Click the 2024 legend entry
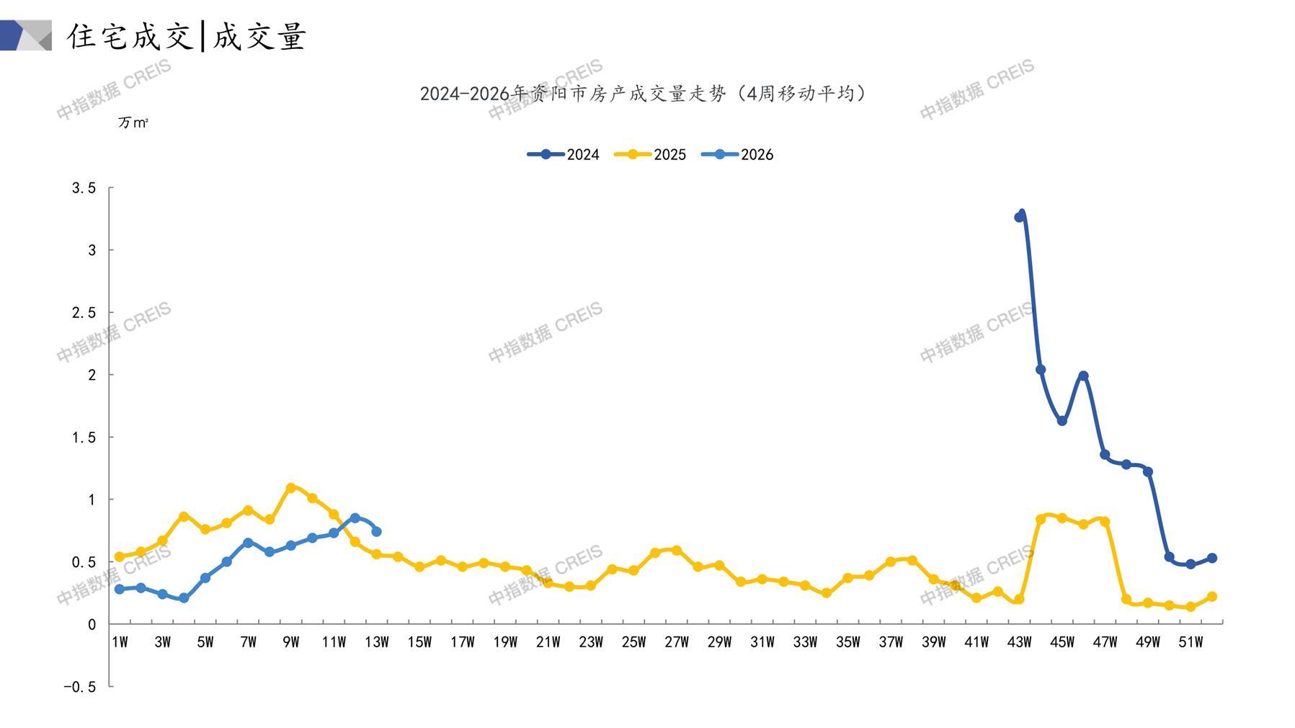[564, 154]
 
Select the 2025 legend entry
[650, 154]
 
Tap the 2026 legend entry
[737, 154]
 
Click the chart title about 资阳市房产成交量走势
[643, 94]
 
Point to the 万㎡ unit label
[133, 123]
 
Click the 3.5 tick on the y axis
[84, 188]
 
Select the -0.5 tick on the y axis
[80, 687]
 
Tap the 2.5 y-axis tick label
[84, 313]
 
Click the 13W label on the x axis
[376, 642]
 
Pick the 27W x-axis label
[676, 642]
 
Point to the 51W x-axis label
[1191, 642]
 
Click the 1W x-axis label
[120, 642]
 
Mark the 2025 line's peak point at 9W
[291, 488]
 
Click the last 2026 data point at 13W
[376, 532]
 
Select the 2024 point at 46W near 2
[1083, 376]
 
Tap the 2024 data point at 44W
[1041, 370]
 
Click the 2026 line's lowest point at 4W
[184, 598]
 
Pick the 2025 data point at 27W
[676, 551]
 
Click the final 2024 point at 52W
[1212, 558]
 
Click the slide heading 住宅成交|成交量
[187, 36]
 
